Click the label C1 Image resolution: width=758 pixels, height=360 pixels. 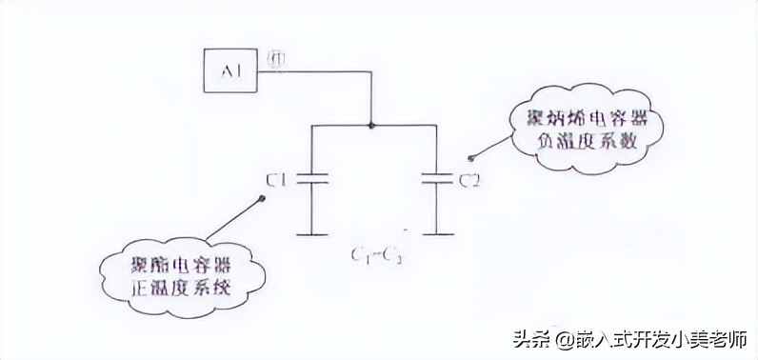pyautogui.click(x=278, y=178)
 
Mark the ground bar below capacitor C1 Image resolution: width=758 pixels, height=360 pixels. pyautogui.click(x=312, y=231)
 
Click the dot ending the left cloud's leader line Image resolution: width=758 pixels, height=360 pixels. pyautogui.click(x=261, y=199)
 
